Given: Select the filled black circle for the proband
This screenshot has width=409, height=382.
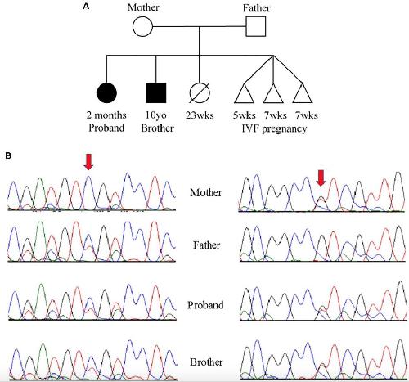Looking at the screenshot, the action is (107, 92).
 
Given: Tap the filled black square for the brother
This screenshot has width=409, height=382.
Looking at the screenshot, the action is (156, 92).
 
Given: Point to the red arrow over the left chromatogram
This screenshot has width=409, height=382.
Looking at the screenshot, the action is (88, 162).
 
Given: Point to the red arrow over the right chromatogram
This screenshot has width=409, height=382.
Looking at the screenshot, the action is (321, 178).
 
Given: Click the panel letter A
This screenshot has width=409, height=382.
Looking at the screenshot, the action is (86, 7).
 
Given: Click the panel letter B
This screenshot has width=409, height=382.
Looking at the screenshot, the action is (8, 155).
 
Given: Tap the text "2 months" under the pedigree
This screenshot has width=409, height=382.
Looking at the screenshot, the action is (106, 115).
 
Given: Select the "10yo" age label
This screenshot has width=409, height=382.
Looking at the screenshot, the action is (155, 115).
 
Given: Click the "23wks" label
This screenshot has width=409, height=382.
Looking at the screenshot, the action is (200, 115).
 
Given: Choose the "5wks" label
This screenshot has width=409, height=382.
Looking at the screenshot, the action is (244, 115).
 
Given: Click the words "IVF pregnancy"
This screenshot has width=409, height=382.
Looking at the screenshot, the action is (274, 128).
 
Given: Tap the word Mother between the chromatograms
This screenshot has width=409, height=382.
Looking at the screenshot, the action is (206, 192).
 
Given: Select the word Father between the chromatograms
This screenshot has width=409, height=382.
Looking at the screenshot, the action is (206, 245).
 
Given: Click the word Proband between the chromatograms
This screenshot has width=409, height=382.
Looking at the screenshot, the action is (205, 304).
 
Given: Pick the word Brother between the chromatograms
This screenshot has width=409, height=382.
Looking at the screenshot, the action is (206, 362).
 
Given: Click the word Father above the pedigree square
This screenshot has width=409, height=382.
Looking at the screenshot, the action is (256, 8).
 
